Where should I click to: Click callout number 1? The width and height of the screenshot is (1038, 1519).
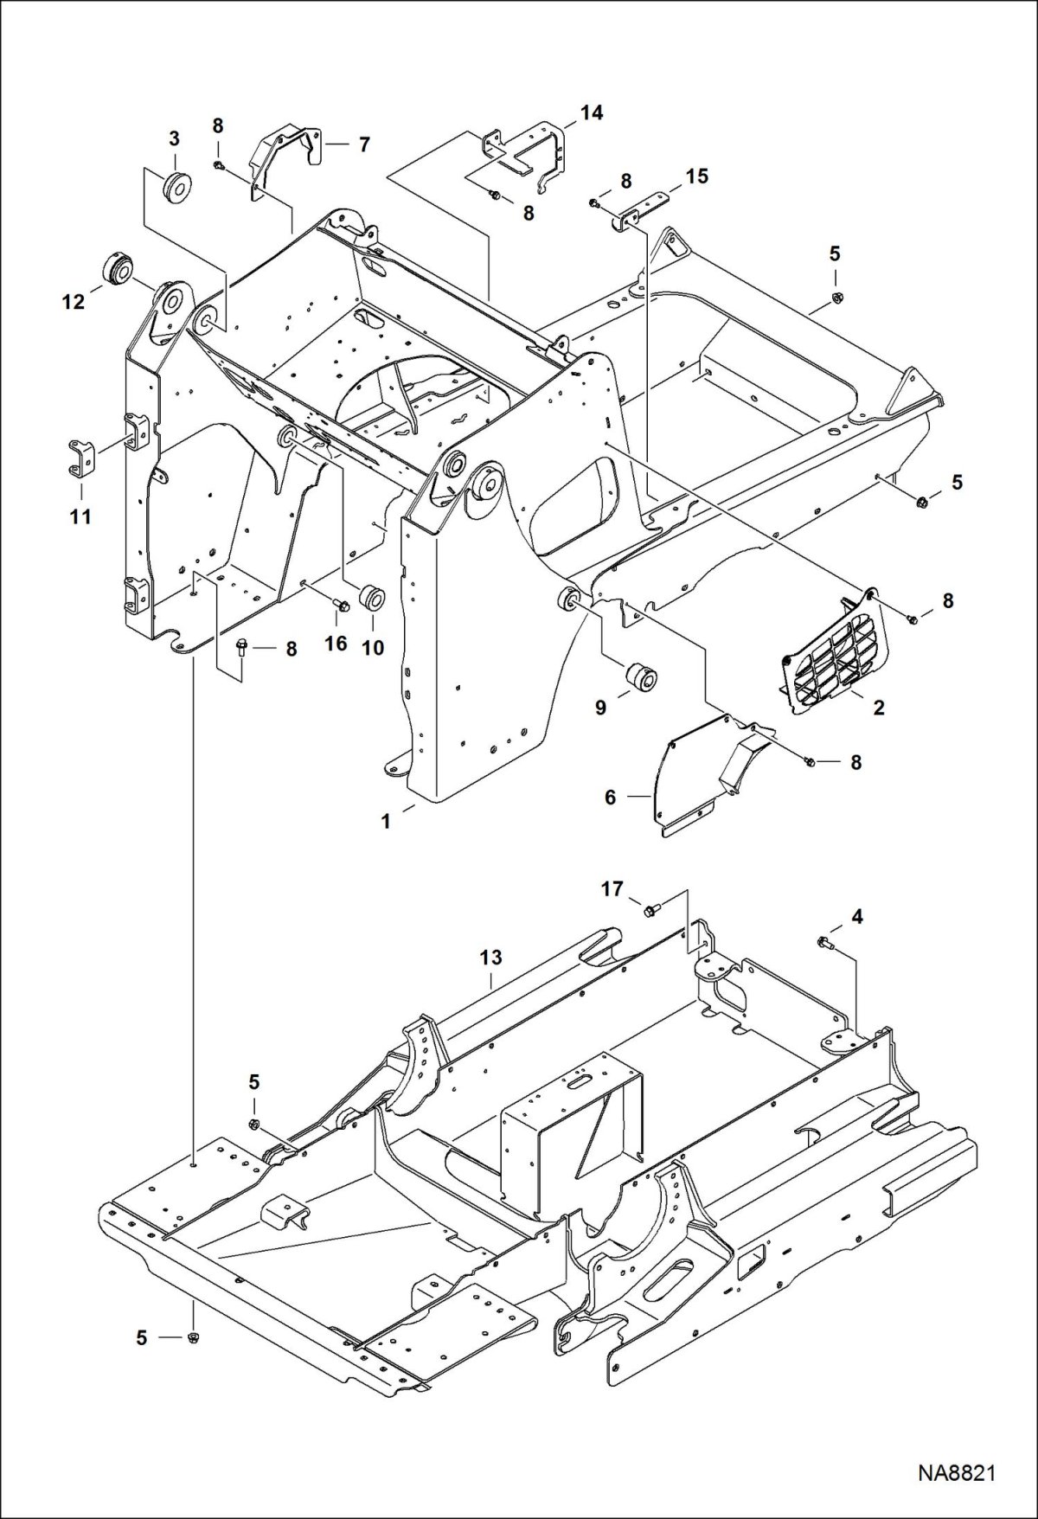387,821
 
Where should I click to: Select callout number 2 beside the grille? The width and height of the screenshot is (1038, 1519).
879,708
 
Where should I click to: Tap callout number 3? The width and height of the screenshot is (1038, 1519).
175,138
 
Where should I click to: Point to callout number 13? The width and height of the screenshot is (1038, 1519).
491,958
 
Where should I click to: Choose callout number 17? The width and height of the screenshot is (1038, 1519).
612,888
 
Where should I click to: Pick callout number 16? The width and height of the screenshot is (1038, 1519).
336,643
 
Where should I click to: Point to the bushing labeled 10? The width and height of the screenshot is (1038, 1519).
372,598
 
